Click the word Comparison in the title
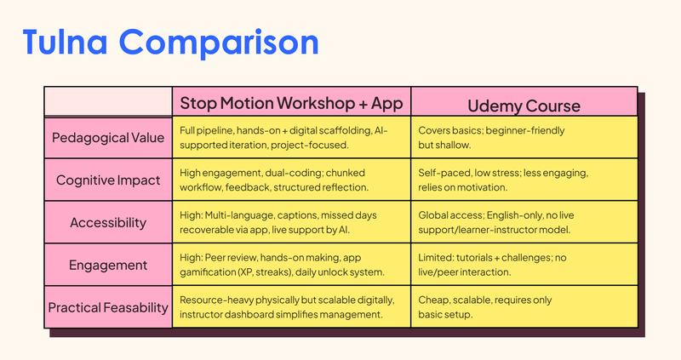230,41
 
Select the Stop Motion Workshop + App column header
290,104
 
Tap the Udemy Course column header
524,106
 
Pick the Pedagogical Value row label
109,138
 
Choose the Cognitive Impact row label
109,180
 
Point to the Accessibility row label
109,222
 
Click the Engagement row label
109,265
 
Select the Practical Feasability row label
109,307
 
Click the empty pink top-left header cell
108,102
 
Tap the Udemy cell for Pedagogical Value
524,138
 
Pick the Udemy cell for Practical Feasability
524,307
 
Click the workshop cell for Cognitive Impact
292,180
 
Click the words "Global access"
451,215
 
